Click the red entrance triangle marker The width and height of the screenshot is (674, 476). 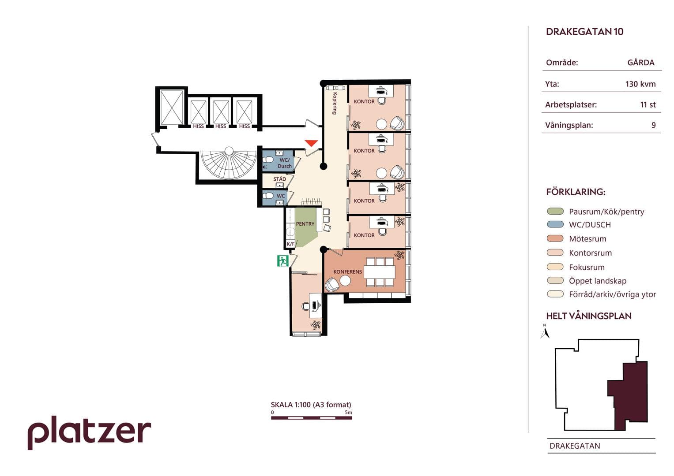pos(311,143)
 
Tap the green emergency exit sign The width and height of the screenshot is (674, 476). pos(282,261)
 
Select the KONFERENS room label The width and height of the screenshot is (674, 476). pos(347,271)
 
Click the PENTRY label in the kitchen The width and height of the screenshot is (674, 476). pos(305,224)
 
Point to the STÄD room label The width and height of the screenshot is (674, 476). pos(279,179)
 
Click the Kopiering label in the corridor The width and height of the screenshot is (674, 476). pos(335,103)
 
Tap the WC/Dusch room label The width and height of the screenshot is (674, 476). pos(285,163)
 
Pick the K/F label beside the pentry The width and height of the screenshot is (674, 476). pos(290,244)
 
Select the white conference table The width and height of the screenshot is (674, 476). pos(380,271)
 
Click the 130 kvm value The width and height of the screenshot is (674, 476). pos(640,84)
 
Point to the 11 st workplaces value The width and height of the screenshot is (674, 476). pos(648,104)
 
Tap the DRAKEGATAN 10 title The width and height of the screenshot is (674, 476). pos(585,32)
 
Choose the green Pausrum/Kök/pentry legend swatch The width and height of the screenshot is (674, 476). pos(555,211)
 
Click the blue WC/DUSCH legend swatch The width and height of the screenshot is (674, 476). pos(555,224)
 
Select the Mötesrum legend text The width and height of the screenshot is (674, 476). pos(587,239)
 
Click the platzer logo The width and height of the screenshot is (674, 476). pos(89,432)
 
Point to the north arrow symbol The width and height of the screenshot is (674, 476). pos(545,332)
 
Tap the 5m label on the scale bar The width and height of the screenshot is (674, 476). pos(348,412)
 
